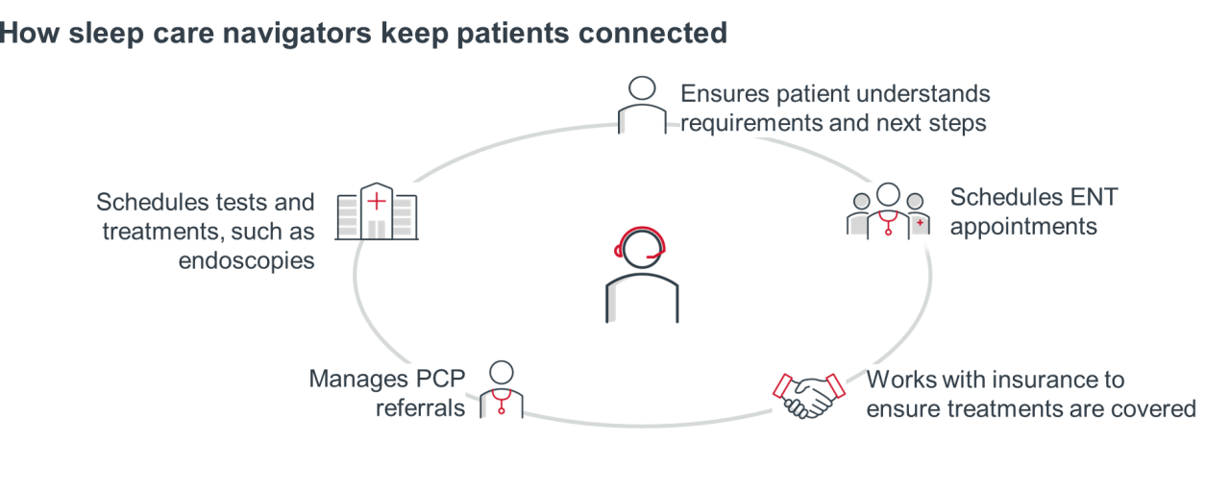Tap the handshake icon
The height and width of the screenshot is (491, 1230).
pos(808,394)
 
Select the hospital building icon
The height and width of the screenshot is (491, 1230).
pos(377,213)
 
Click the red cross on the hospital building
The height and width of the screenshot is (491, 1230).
pos(377,201)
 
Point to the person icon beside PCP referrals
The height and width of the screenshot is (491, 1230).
pos(502,389)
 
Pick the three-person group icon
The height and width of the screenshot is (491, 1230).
pos(888,210)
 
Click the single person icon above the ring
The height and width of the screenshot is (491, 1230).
pos(641,105)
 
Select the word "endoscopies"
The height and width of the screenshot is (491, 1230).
pos(247,260)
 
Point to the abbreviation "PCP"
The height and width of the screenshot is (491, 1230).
pos(441,379)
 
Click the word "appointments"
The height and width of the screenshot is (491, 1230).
pos(1023,227)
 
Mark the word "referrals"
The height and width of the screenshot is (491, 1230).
pos(420,407)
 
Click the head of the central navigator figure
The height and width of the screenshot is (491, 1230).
pos(640,248)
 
